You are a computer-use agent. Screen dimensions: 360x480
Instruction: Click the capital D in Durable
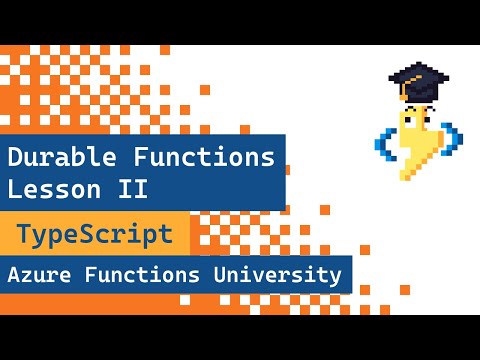16,157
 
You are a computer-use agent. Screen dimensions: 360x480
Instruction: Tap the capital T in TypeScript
23,236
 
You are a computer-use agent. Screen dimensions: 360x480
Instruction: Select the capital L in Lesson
16,187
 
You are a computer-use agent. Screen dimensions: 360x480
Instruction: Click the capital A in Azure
13,273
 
